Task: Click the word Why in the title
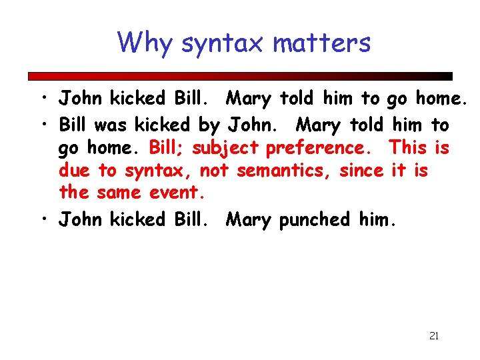tap(145, 43)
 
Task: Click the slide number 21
tap(433, 336)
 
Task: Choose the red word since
tap(361, 170)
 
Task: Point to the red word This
tap(409, 147)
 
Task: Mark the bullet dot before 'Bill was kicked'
tap(42, 125)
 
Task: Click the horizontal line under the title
tap(240, 76)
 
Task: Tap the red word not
tap(214, 171)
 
